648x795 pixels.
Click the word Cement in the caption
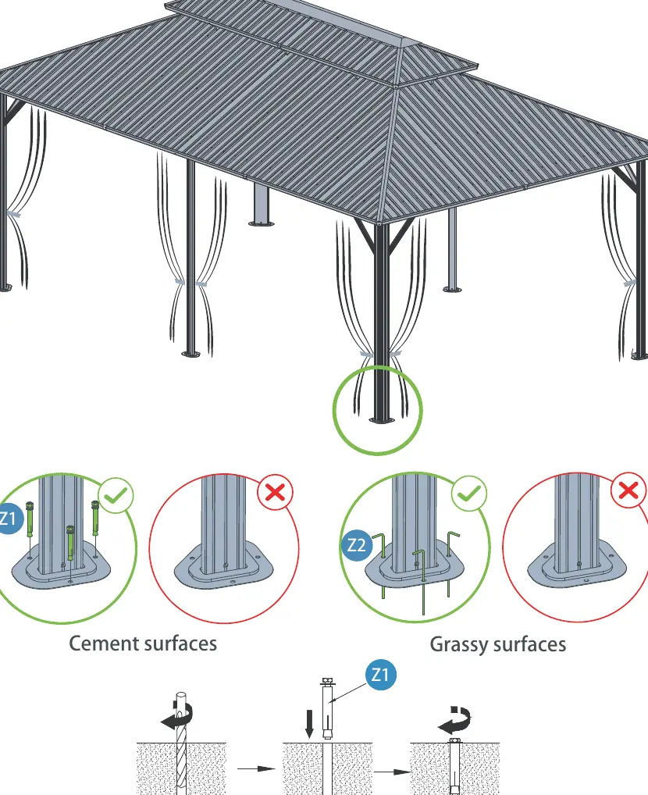click(x=104, y=643)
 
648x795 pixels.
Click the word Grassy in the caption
click(x=459, y=645)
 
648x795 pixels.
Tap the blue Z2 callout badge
click(x=357, y=545)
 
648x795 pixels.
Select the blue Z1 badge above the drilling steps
click(x=380, y=675)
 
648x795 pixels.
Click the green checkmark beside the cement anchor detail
click(x=116, y=495)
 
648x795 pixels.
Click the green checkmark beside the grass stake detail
click(x=469, y=493)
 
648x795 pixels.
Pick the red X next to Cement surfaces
click(x=276, y=492)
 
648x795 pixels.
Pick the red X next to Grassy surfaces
click(x=628, y=490)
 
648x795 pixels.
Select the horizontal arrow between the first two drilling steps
click(x=256, y=768)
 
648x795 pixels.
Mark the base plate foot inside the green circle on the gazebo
click(x=381, y=420)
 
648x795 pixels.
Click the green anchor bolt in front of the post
click(x=70, y=544)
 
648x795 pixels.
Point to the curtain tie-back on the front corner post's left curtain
click(x=367, y=354)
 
